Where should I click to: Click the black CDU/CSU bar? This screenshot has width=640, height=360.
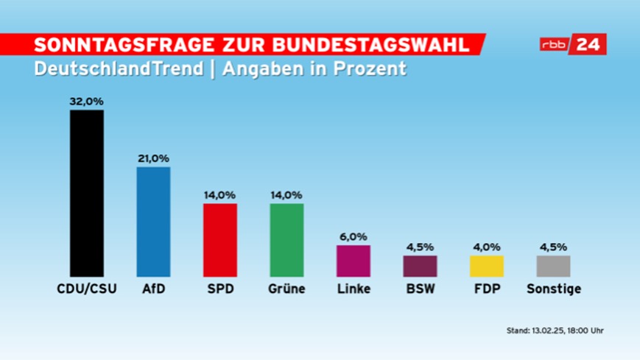tap(87, 193)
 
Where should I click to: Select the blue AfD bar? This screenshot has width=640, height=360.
tap(153, 221)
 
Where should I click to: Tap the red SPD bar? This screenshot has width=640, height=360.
tap(220, 239)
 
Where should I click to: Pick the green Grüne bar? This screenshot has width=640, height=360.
tap(286, 239)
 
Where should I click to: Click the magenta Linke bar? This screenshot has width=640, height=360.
tap(354, 261)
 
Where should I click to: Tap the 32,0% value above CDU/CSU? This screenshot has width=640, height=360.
tap(86, 102)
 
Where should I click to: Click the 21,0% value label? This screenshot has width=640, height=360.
tap(153, 158)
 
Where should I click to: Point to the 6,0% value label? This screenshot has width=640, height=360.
tap(354, 237)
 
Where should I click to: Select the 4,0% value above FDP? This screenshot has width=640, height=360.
tap(487, 247)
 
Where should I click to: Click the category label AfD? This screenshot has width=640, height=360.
tap(153, 289)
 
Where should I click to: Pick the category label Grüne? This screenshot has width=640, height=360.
tap(286, 289)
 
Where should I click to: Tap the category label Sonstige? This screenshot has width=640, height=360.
tap(554, 289)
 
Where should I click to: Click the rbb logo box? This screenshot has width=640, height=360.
tap(556, 44)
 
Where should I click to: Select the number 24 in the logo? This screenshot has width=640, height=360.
tap(591, 44)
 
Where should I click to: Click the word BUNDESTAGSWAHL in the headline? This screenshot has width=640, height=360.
tap(384, 44)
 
